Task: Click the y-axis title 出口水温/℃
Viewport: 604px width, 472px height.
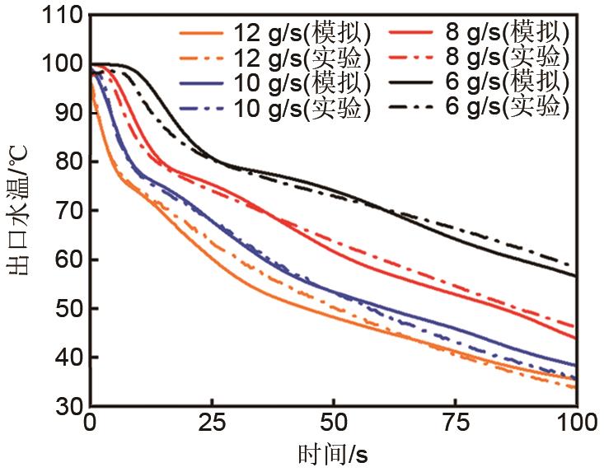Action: pos(22,210)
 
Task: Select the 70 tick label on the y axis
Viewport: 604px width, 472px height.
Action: pos(69,211)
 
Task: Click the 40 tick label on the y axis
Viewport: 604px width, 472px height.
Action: pos(69,358)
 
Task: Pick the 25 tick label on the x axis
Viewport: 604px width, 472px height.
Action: pos(212,425)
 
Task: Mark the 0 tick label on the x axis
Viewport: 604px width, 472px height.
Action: pos(91,425)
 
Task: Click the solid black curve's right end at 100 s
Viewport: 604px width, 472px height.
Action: pos(575,276)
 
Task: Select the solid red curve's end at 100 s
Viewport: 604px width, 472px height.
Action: pos(575,338)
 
